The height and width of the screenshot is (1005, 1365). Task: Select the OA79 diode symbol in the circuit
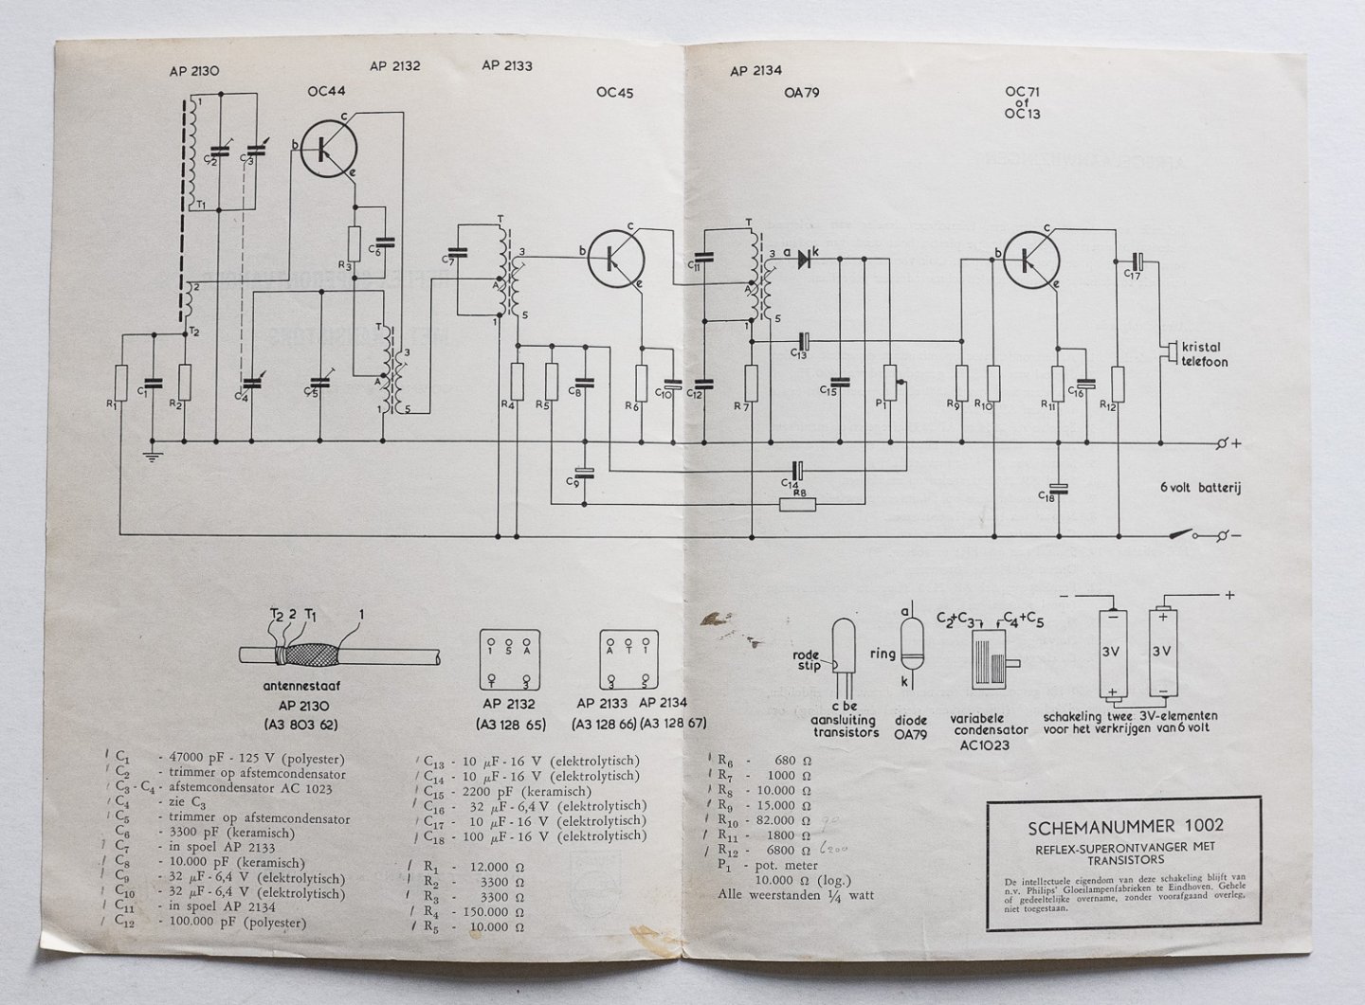coord(807,256)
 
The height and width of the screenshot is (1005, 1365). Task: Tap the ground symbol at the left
coord(149,458)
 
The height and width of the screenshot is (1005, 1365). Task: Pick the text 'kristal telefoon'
coord(1202,356)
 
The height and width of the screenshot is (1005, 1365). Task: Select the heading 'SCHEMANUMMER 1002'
coord(1125,825)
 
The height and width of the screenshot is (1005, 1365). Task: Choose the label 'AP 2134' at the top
coord(755,71)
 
